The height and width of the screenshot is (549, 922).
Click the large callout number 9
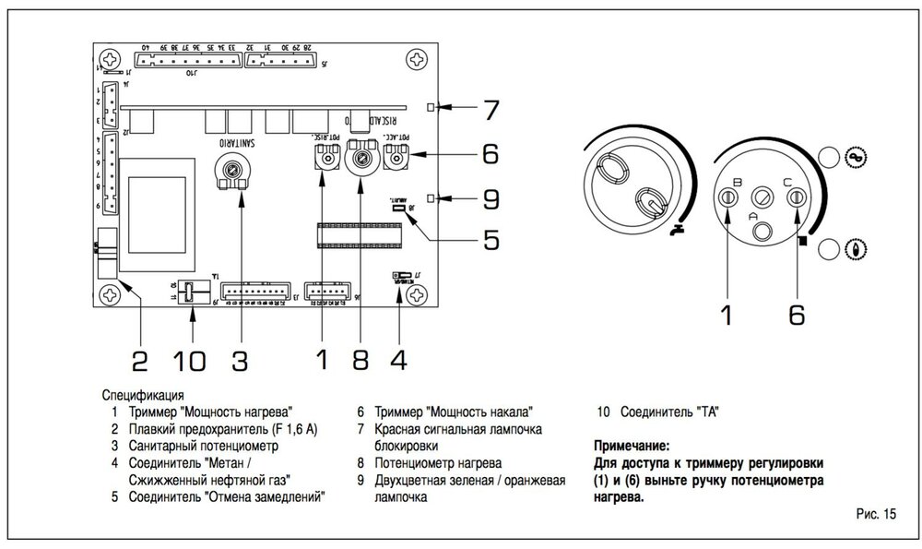(x=491, y=197)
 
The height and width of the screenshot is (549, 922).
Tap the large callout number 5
(x=490, y=240)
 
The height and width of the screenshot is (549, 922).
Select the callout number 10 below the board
(x=192, y=358)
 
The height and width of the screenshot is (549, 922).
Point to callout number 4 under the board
(x=397, y=358)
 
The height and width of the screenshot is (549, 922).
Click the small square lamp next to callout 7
(x=432, y=108)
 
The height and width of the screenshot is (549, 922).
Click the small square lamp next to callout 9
(x=432, y=196)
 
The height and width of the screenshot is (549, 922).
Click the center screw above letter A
(x=763, y=194)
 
